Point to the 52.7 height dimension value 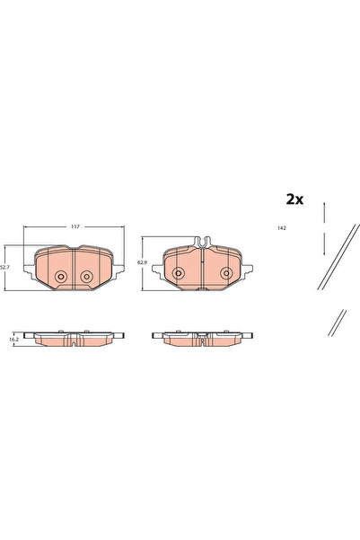pos(4,266)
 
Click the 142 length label pos(281,230)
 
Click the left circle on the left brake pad pos(61,277)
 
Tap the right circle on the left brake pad pos(87,277)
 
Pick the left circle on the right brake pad pos(179,273)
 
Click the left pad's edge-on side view pos(74,338)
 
